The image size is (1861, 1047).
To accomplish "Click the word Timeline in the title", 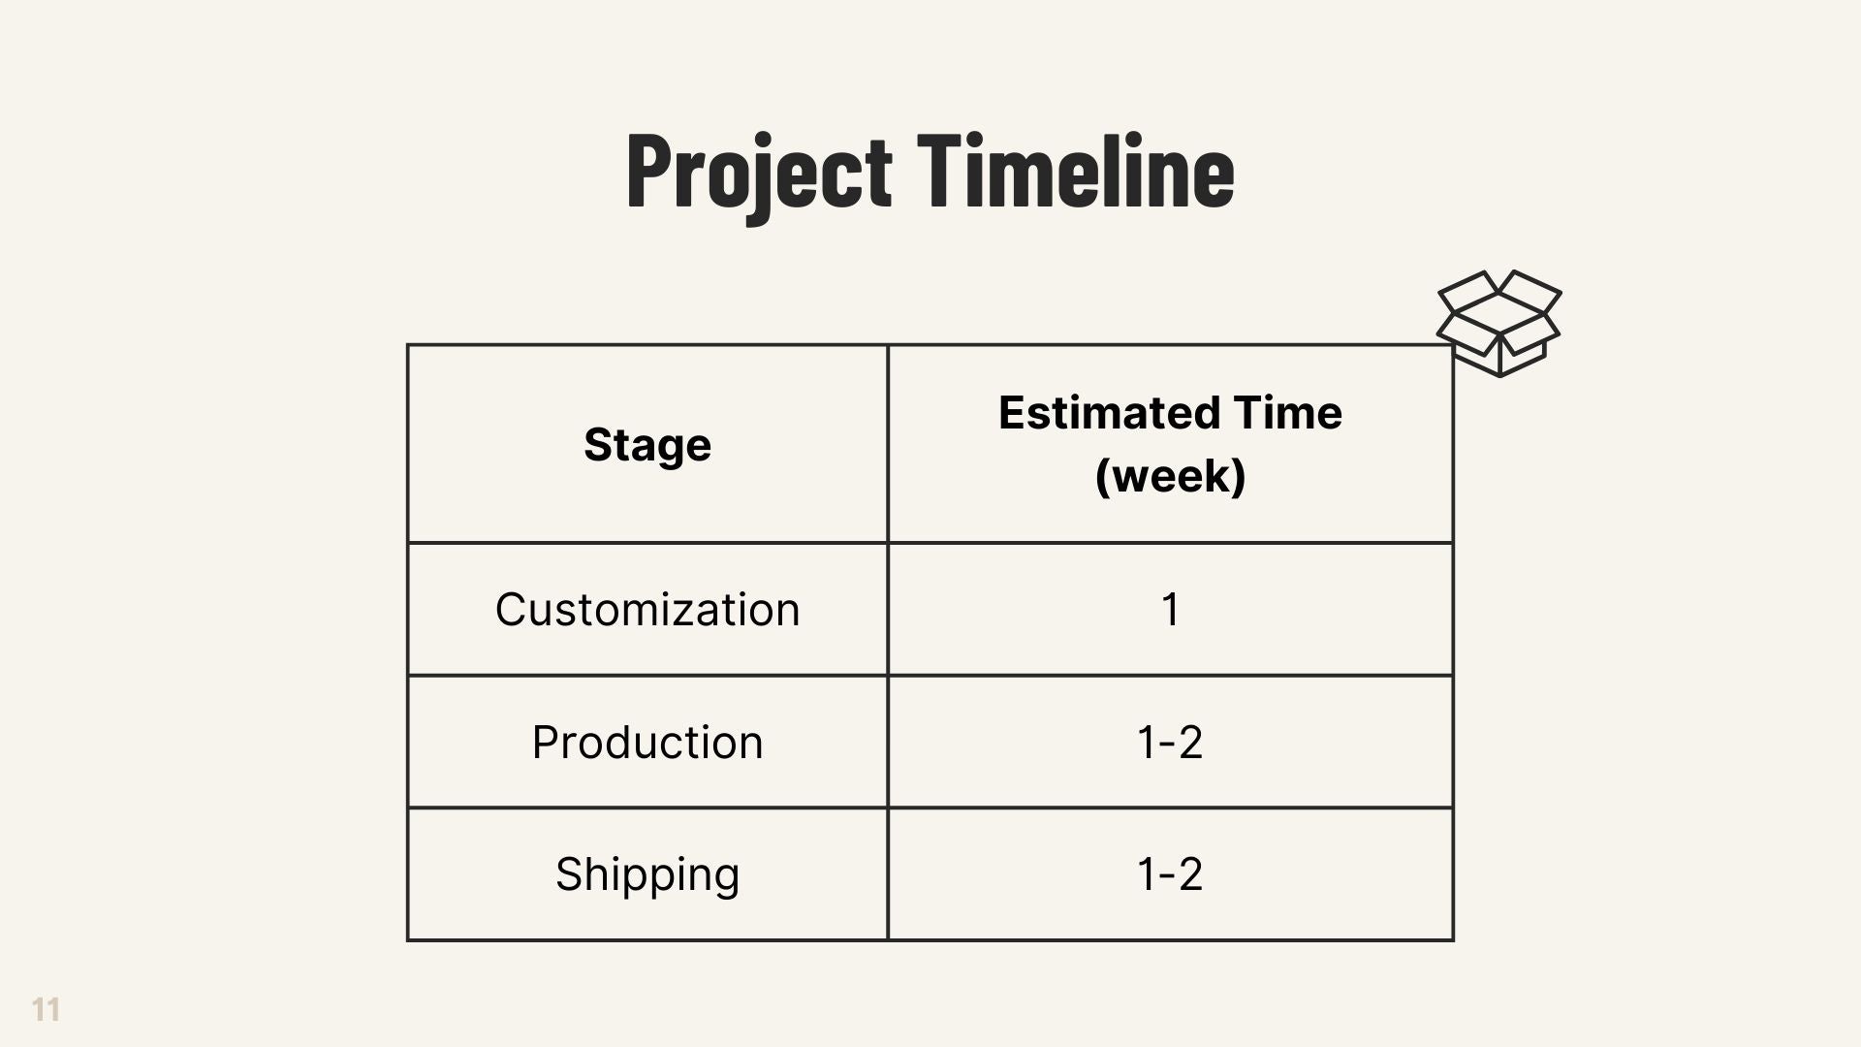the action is coord(1076,170).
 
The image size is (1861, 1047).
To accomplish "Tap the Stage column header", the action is coord(647,446).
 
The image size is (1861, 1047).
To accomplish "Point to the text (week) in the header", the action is coord(1170,476).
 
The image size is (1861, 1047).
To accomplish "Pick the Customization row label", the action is coord(647,610).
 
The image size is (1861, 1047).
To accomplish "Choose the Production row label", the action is coord(647,743).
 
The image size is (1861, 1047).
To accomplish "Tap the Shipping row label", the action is coord(647,875).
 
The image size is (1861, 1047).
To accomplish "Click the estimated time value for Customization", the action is coord(1170,610).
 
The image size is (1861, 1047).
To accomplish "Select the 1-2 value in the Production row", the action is coord(1170,743).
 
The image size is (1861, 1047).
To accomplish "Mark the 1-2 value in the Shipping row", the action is coord(1170,874).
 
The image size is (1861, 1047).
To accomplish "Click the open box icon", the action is coord(1499,323).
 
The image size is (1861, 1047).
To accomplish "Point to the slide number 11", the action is coord(46,1009).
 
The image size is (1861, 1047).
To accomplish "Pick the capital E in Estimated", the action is coord(1013,413).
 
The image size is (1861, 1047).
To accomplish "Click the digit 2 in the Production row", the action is coord(1189,743).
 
